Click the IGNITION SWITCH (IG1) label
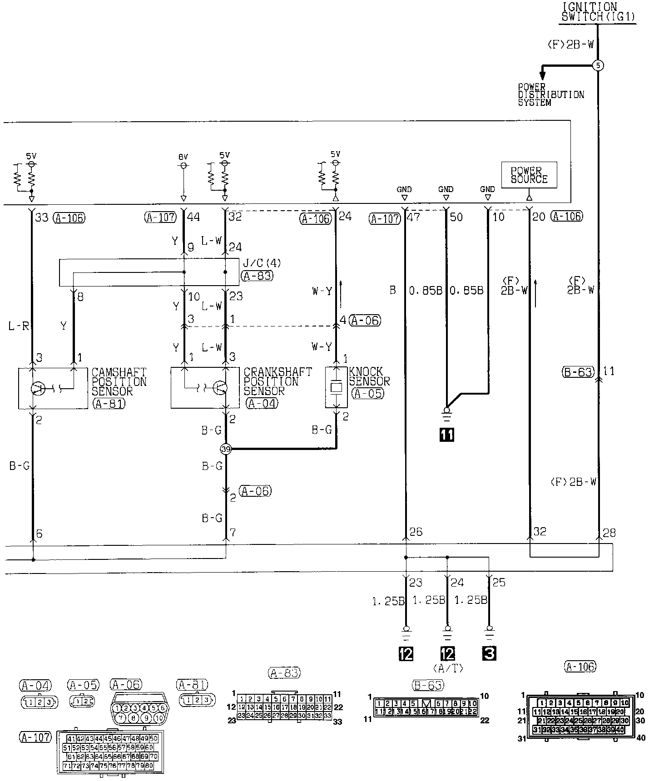coord(598,12)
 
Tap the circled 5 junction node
coord(598,65)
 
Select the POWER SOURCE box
coord(529,175)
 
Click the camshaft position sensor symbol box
coord(52,388)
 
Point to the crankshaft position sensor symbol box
coord(204,388)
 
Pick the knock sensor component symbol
coord(337,387)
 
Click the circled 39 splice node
coord(226,449)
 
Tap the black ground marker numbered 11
coord(447,435)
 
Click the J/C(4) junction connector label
coord(256,263)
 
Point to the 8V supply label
coord(183,157)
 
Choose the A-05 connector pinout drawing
coord(82,702)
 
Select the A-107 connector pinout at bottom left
coord(109,751)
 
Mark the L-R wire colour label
coord(19,326)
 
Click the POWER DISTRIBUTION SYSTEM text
coord(550,94)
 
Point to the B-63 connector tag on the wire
coord(577,372)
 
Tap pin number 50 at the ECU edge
coord(456,217)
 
